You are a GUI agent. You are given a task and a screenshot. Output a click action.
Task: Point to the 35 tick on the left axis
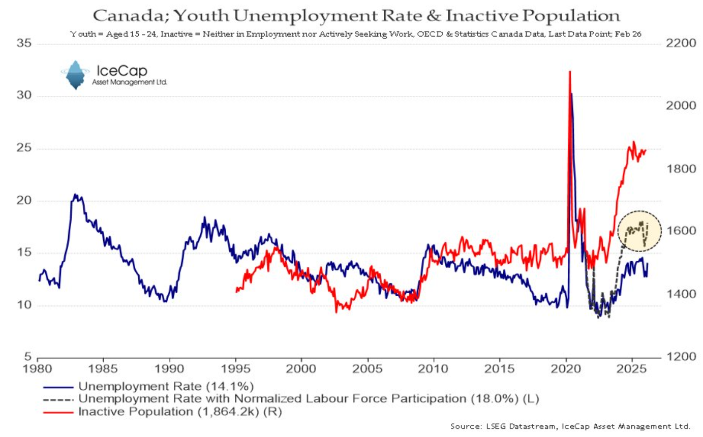pyautogui.click(x=24, y=44)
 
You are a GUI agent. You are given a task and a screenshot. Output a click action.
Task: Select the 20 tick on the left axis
pyautogui.click(x=24, y=201)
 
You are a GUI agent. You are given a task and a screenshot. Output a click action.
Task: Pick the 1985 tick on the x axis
pyautogui.click(x=104, y=367)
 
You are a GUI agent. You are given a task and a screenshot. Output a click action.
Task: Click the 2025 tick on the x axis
pyautogui.click(x=632, y=367)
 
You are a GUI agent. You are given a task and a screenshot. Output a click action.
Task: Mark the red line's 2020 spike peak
pyautogui.click(x=570, y=72)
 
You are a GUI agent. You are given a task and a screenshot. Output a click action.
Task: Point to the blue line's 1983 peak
pyautogui.click(x=75, y=195)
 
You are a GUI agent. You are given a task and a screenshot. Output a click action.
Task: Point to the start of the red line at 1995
pyautogui.click(x=236, y=291)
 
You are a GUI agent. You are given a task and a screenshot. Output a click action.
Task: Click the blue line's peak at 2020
pyautogui.click(x=572, y=94)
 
